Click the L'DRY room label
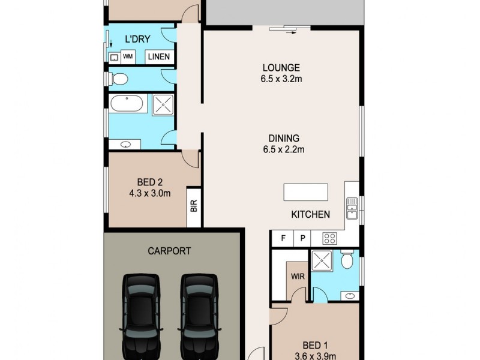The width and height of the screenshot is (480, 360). tap(137, 40)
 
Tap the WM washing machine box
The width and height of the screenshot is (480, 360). tap(128, 57)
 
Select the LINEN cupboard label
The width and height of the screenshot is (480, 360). tap(158, 57)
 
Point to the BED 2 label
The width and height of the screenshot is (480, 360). tap(146, 182)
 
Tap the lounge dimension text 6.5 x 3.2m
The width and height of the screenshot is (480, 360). tap(281, 79)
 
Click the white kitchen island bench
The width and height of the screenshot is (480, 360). tap(306, 192)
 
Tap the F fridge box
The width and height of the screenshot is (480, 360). tap(282, 238)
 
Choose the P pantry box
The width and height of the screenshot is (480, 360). tap(303, 238)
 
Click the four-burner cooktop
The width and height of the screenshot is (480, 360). tap(330, 238)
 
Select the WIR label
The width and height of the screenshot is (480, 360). tap(296, 277)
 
